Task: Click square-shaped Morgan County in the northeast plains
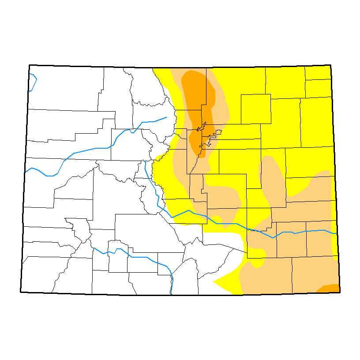pyautogui.click(x=255, y=109)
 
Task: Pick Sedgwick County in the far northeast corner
pyautogui.click(x=318, y=73)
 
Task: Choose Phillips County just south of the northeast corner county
pyautogui.click(x=318, y=88)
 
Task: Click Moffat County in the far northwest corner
pyautogui.click(x=66, y=88)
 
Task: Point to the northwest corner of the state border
pyautogui.click(x=29, y=65)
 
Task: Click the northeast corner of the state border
pyautogui.click(x=331, y=65)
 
